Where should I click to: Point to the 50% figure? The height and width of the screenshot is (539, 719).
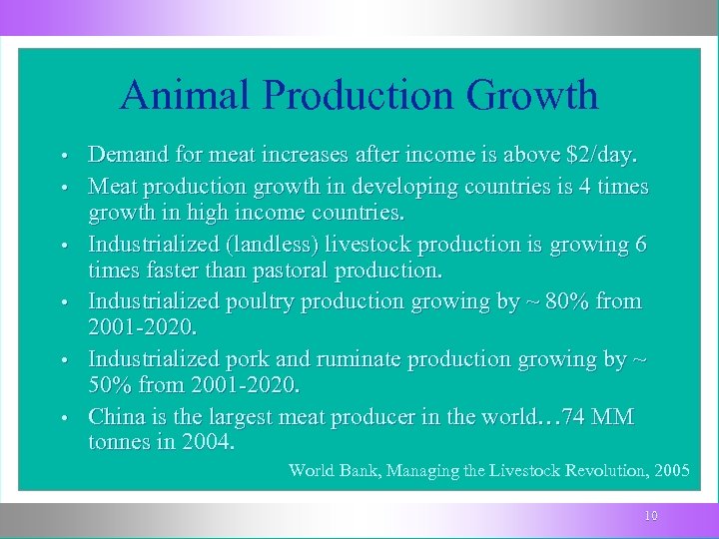pyautogui.click(x=112, y=385)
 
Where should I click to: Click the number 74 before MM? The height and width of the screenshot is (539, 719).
pyautogui.click(x=575, y=415)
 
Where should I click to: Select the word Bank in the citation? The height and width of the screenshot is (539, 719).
pyautogui.click(x=356, y=470)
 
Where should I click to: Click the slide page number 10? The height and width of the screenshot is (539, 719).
pyautogui.click(x=651, y=516)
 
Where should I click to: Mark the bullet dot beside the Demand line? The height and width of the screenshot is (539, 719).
pyautogui.click(x=63, y=158)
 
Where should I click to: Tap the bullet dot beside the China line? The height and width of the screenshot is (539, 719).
pyautogui.click(x=63, y=417)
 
